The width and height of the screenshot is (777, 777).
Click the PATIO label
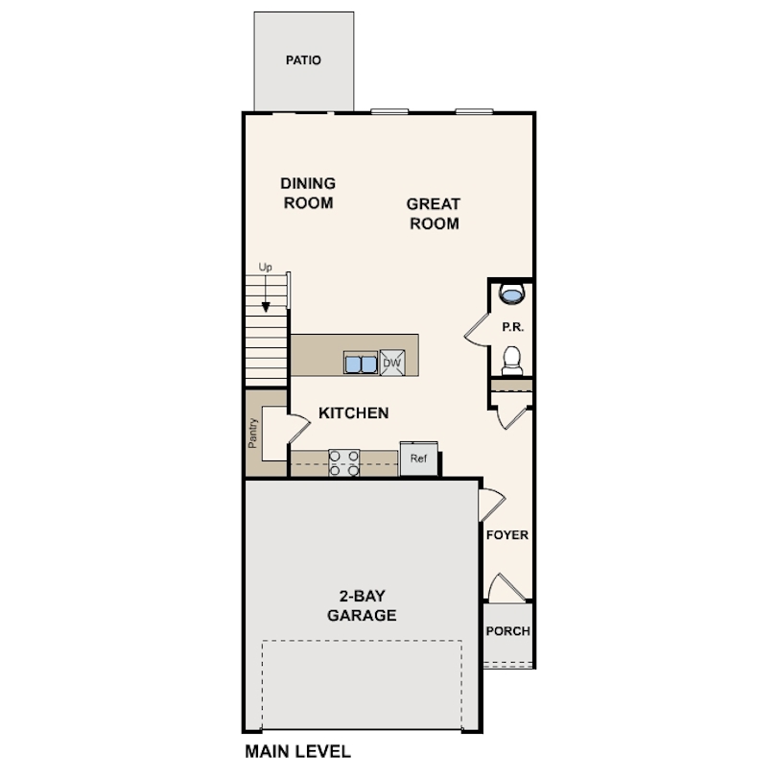(x=303, y=60)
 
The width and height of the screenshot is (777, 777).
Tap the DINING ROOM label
(x=308, y=193)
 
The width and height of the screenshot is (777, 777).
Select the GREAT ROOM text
(x=434, y=214)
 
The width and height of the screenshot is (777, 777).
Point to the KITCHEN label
(x=353, y=412)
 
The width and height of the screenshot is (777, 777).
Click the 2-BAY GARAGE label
(x=362, y=605)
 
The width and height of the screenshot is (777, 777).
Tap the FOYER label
(x=507, y=535)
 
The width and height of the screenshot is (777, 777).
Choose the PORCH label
(x=507, y=631)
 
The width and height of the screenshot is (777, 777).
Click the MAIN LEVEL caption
(x=297, y=751)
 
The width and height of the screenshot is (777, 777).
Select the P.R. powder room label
(x=513, y=327)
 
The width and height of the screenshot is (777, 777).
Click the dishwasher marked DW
(x=392, y=363)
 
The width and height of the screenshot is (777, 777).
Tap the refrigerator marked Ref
(x=419, y=459)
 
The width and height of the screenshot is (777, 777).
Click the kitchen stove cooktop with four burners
(x=344, y=462)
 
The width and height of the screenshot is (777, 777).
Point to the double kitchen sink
(x=361, y=364)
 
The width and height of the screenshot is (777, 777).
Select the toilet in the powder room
(x=512, y=361)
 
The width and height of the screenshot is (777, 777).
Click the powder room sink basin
(x=511, y=294)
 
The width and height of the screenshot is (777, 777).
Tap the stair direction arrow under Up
(x=266, y=294)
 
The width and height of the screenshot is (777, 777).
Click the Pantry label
(x=252, y=433)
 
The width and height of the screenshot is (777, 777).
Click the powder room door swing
(x=477, y=331)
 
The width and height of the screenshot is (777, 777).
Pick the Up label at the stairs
(x=265, y=267)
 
